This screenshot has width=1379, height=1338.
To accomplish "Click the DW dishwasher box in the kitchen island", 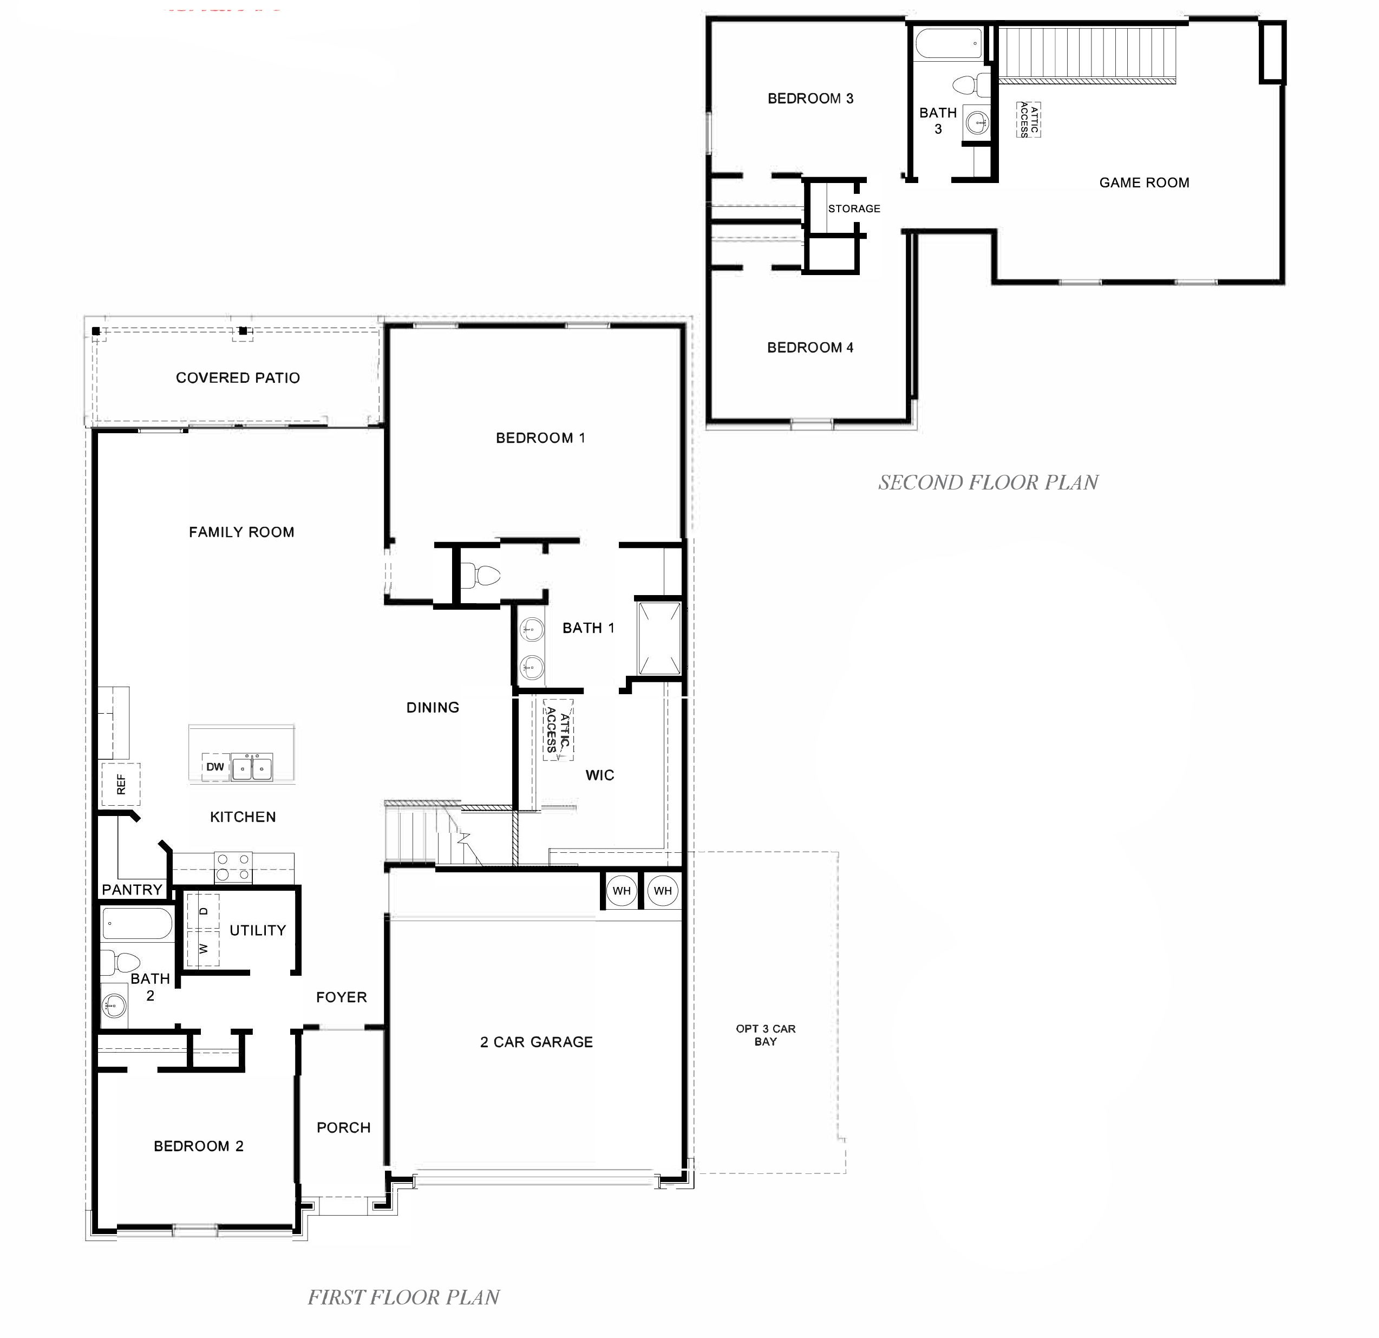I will [x=215, y=767].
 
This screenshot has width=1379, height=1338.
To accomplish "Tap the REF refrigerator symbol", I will [x=121, y=784].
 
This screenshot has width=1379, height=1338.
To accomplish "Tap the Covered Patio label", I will [x=238, y=378].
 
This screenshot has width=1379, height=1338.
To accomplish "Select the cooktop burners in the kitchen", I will [x=233, y=867].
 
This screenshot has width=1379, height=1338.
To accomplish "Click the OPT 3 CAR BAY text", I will [x=766, y=1035].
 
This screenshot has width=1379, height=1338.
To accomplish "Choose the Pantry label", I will [x=132, y=890].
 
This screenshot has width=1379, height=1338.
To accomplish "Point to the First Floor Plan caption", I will [x=403, y=1297].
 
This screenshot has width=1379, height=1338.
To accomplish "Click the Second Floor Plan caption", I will [x=988, y=482].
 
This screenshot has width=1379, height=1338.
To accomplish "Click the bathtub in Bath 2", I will [x=136, y=924].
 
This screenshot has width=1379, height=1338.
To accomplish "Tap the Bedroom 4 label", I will [x=810, y=348].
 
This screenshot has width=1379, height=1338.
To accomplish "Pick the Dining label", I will [x=433, y=708].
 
